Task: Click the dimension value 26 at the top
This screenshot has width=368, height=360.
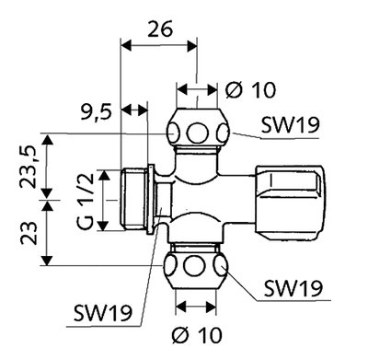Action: (x=160, y=29)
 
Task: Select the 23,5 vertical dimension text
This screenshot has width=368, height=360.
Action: (x=29, y=166)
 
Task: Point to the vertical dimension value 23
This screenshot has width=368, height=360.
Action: (x=29, y=233)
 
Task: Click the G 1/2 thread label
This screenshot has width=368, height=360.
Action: (x=86, y=202)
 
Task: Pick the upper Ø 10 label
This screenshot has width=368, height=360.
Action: (x=250, y=90)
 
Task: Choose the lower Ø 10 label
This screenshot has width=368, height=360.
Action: (x=197, y=335)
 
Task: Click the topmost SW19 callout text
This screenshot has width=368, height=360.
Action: (x=290, y=125)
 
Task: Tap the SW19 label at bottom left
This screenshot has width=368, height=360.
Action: (x=103, y=313)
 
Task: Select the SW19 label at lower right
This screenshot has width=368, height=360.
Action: (x=293, y=288)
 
